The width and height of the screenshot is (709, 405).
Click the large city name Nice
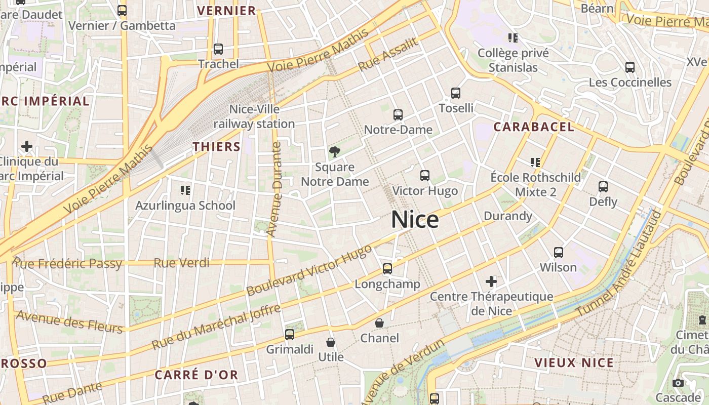415,220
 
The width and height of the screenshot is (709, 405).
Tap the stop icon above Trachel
218,49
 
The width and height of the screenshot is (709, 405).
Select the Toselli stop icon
456,93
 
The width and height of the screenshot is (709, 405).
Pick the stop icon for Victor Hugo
425,176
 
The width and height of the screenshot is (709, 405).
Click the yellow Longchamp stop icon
387,269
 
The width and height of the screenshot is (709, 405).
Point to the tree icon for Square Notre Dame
334,151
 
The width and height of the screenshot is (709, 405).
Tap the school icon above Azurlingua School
185,190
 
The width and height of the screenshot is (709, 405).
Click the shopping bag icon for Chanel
379,323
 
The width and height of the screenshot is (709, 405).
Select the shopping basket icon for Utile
331,342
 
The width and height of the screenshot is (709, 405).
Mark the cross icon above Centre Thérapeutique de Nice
491,281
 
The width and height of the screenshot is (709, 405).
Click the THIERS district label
216,147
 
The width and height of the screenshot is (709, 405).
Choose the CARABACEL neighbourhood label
534,127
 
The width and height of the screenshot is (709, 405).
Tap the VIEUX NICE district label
574,362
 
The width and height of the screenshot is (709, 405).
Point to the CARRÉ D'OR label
196,375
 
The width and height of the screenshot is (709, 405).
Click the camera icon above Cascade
678,383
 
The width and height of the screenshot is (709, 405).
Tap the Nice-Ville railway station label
254,116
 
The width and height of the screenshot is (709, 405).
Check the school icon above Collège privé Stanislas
513,38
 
